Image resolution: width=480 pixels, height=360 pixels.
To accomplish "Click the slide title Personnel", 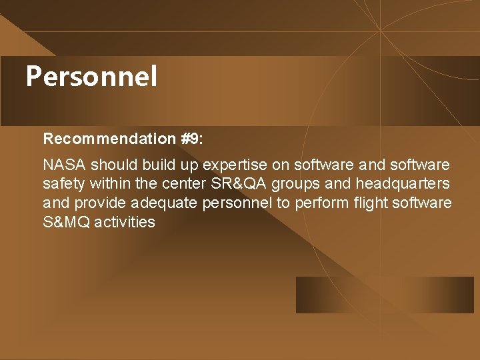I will coord(91,77).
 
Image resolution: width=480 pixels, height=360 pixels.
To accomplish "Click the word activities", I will coord(125,222).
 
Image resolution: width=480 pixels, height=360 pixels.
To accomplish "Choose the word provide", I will coord(101,203).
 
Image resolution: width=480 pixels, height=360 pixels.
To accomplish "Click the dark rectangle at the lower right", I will coord(385,295).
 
